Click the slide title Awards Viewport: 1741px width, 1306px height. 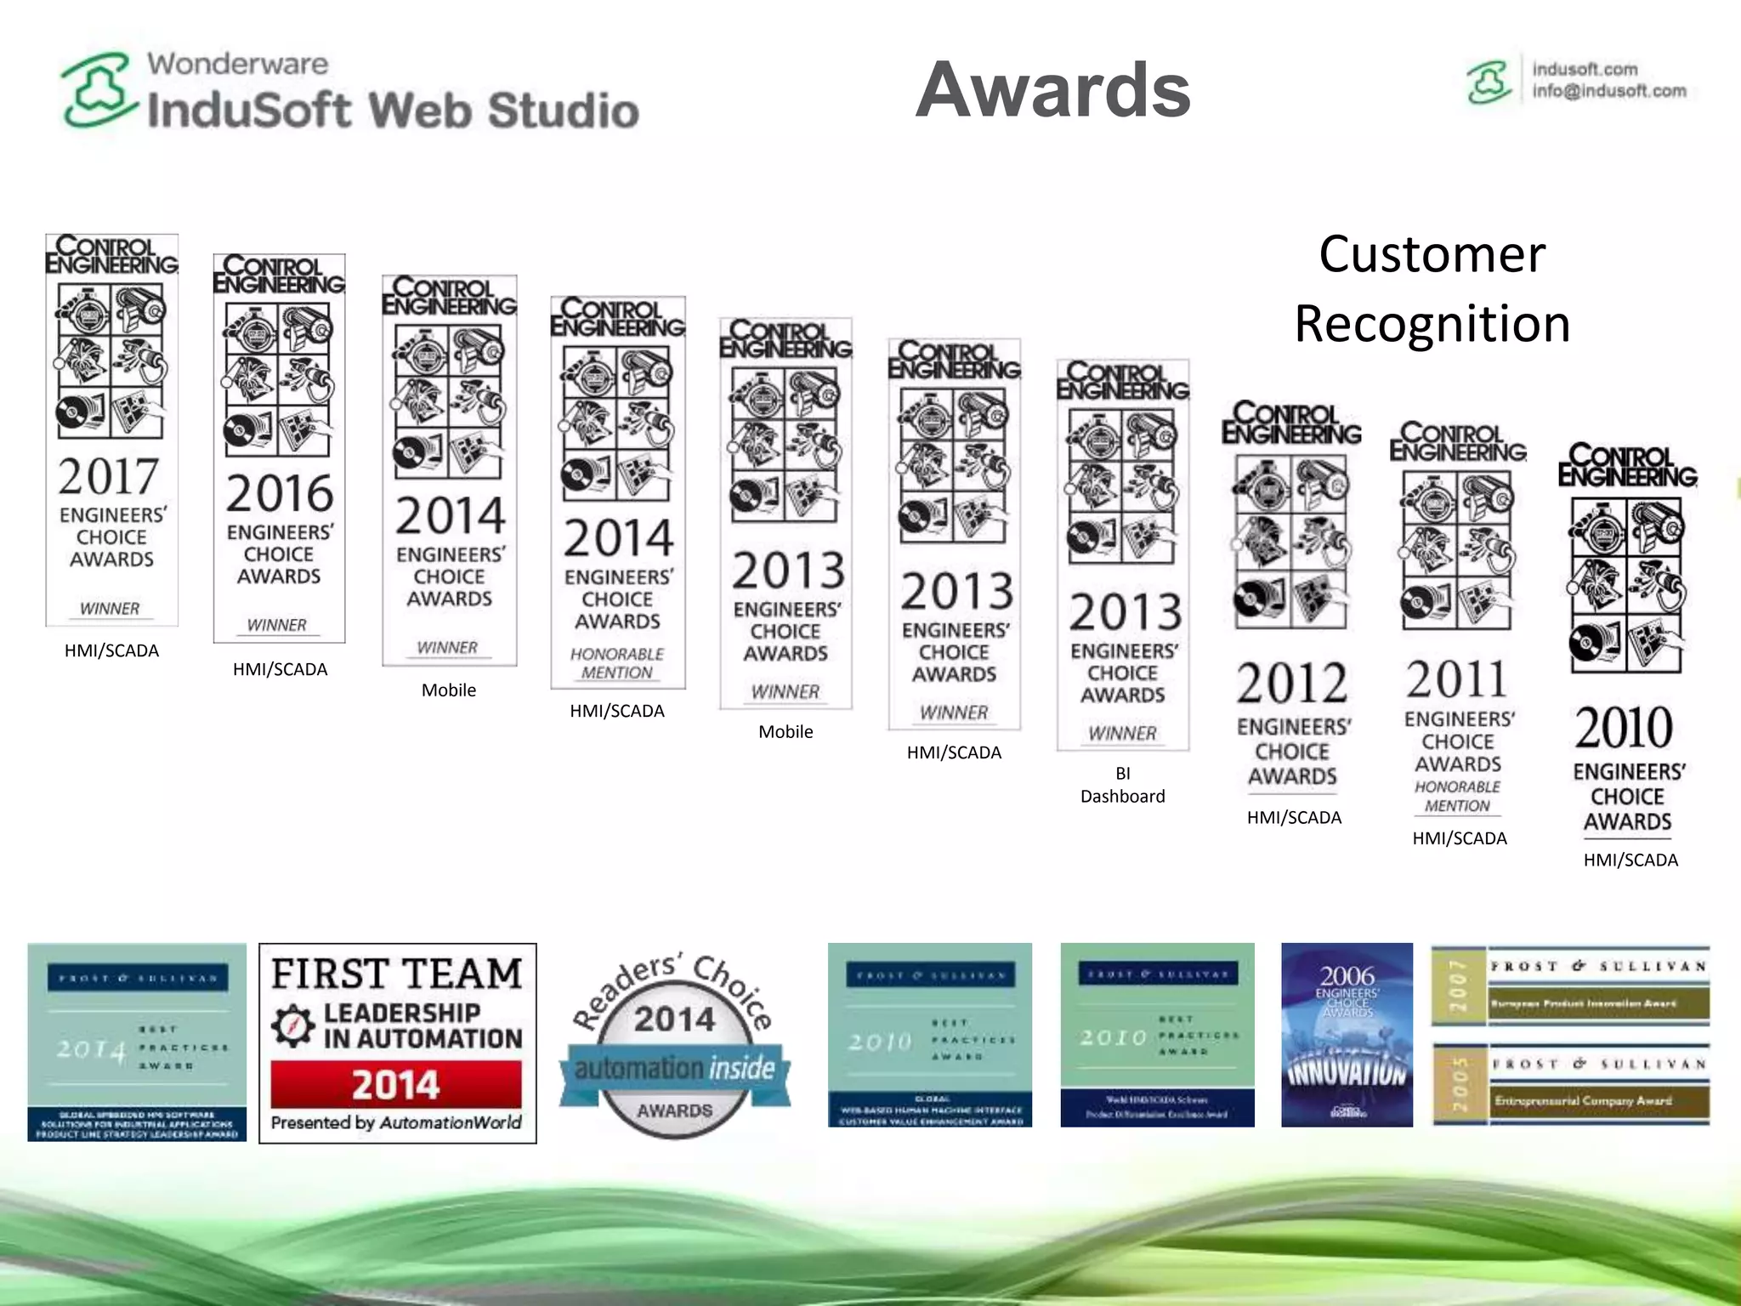(1053, 90)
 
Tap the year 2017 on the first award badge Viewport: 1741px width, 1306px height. (109, 476)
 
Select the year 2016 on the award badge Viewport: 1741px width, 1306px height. (279, 494)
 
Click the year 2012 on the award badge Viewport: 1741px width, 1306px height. (1292, 684)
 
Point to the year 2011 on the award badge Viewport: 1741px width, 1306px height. (1457, 679)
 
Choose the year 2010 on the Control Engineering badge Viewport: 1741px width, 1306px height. (1625, 728)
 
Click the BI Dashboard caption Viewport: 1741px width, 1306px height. (1122, 785)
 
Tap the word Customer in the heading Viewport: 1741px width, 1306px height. (1432, 254)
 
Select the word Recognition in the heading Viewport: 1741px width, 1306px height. (1432, 324)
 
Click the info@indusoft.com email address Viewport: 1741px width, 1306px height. (1608, 91)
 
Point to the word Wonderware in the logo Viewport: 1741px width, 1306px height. (237, 64)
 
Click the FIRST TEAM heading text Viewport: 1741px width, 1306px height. (397, 974)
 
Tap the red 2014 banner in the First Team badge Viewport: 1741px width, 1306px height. (396, 1084)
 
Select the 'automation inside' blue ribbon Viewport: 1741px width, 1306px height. (675, 1069)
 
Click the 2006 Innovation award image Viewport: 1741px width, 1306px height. (1347, 1035)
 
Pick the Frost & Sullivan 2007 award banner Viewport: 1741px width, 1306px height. (1570, 986)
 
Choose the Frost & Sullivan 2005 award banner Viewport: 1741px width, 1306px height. (1570, 1083)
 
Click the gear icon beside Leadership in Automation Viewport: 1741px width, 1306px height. (293, 1025)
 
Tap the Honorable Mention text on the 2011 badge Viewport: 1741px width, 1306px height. (1457, 797)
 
